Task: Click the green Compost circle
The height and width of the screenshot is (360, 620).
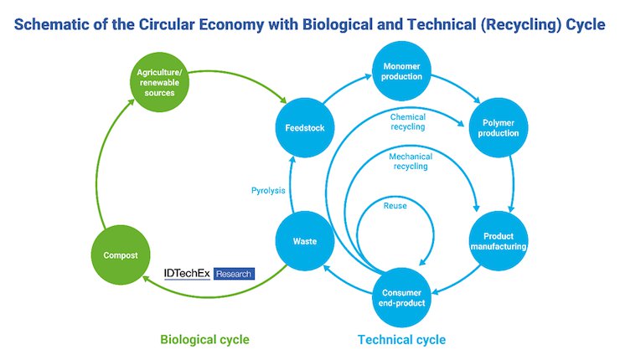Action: [x=121, y=255]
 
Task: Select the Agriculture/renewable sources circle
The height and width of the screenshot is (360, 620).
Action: [x=160, y=82]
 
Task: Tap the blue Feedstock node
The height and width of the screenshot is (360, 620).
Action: [x=305, y=127]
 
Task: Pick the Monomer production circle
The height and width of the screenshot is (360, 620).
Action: [x=401, y=71]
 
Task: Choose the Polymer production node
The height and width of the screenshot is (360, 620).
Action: [x=499, y=127]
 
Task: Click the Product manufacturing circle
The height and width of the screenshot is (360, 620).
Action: [x=499, y=241]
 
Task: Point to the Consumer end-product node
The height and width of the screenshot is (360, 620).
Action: [x=401, y=297]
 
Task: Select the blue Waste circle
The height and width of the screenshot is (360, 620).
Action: [x=305, y=241]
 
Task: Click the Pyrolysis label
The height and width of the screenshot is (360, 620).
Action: [x=268, y=191]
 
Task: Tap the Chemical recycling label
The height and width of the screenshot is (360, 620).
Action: [x=408, y=121]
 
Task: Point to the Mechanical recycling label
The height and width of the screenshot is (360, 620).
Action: [x=411, y=162]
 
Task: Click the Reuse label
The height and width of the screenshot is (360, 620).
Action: [x=395, y=205]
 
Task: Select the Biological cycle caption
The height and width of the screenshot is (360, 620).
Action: [x=204, y=339]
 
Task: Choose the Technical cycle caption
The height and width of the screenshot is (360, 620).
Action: [x=401, y=339]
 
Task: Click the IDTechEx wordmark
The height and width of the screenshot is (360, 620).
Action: [x=187, y=274]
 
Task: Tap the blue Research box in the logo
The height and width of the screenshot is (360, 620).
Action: [x=234, y=274]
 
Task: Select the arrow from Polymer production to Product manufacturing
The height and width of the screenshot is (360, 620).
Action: [x=513, y=183]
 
